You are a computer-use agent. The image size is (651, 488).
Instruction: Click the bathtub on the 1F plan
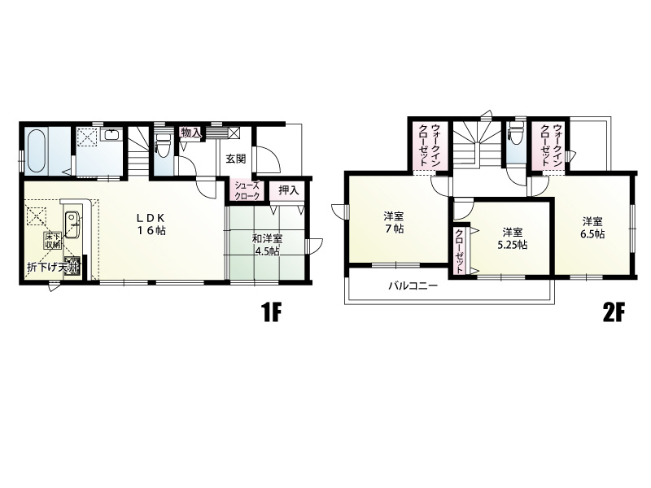click(x=36, y=151)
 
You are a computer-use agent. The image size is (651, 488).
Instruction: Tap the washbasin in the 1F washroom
click(x=111, y=135)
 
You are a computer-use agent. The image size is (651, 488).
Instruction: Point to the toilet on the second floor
click(x=516, y=133)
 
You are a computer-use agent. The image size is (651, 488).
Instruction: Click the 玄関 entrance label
click(x=236, y=159)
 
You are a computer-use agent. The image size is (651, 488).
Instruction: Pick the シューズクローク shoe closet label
click(x=247, y=191)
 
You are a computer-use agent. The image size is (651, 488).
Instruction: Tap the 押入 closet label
click(x=289, y=190)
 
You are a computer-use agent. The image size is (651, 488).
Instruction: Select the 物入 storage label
click(x=191, y=133)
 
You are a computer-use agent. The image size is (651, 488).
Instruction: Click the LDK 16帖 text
click(x=152, y=224)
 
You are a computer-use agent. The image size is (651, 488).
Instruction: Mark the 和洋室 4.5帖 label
click(x=268, y=246)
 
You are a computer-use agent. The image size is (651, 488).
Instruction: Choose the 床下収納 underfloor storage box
click(x=52, y=241)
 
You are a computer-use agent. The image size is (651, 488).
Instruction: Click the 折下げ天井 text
click(x=52, y=268)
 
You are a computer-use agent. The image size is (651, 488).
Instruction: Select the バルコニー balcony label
click(x=413, y=286)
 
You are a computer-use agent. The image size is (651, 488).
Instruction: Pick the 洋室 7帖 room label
click(x=394, y=222)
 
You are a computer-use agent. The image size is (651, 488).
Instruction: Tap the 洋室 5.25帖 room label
click(x=513, y=238)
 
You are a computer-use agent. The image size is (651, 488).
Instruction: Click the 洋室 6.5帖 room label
click(x=592, y=228)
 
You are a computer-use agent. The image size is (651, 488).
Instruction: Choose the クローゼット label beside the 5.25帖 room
click(x=460, y=251)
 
